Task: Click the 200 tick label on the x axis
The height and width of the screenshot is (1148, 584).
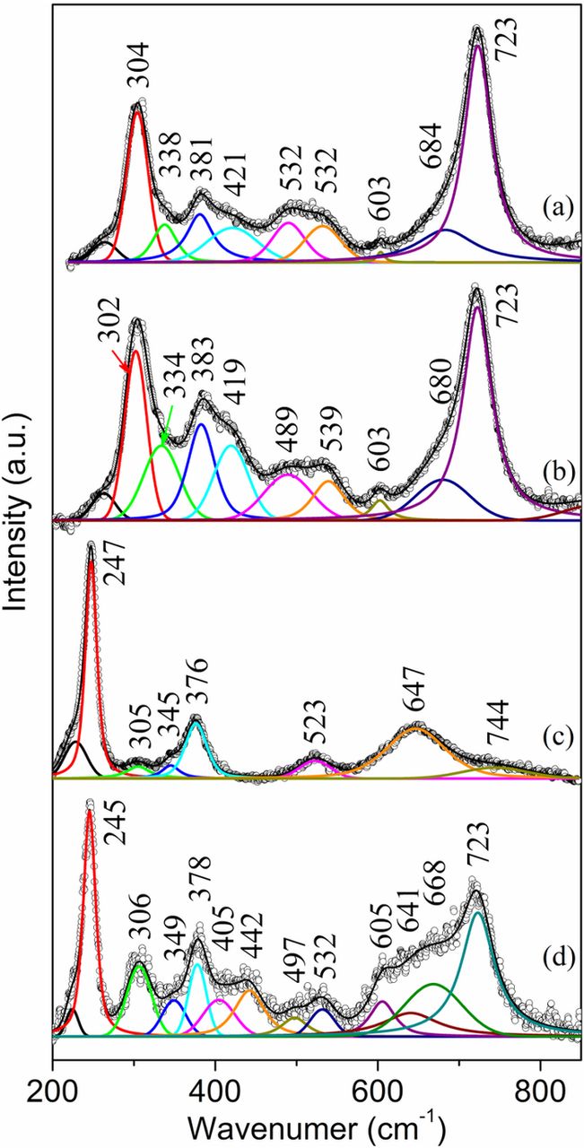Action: (52, 1073)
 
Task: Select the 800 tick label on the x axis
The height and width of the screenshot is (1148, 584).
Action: (540, 1073)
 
